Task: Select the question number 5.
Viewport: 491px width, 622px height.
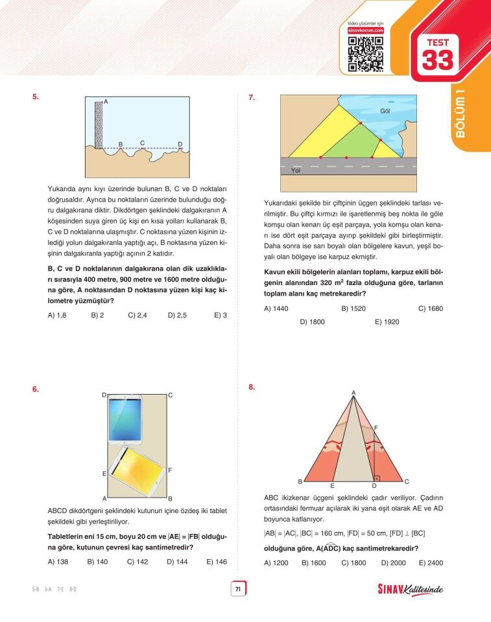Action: pos(36,98)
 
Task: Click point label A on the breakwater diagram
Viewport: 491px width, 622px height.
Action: pos(106,102)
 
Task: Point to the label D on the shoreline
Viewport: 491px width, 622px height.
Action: pos(180,144)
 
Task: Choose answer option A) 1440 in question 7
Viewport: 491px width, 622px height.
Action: pos(276,308)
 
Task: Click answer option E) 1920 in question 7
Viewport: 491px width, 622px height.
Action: pos(387,321)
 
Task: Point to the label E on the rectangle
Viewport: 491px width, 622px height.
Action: pos(104,474)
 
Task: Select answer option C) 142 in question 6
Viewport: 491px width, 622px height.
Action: pos(137,562)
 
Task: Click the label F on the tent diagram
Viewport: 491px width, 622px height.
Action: pos(376,428)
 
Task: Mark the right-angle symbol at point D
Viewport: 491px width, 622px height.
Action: pos(377,477)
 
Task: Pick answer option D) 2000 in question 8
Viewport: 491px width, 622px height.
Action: pos(392,563)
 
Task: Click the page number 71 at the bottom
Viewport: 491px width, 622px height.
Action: pos(238,589)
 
